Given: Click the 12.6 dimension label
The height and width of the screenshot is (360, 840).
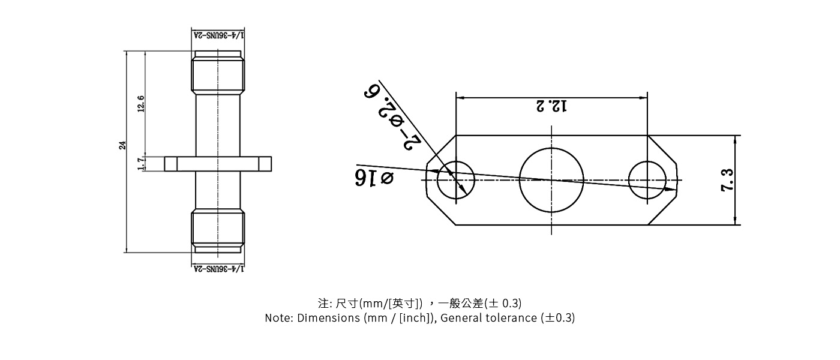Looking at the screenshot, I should click(141, 103).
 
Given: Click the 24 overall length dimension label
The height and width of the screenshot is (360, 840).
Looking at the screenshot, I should click(122, 145).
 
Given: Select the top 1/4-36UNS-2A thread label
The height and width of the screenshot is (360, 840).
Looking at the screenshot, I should click(218, 35).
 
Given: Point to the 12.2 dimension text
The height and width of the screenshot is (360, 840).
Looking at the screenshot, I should click(551, 107).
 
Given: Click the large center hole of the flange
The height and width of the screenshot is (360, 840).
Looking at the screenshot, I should click(551, 180).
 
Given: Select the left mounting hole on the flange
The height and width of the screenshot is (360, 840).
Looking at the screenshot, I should click(456, 179).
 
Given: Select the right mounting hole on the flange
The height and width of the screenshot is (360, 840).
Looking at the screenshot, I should click(647, 179).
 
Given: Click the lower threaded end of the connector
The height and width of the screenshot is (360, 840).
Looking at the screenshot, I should click(218, 230).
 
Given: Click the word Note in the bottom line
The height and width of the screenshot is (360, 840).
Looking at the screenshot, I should click(278, 318).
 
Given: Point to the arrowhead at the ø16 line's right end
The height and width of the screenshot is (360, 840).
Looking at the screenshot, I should click(673, 189).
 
